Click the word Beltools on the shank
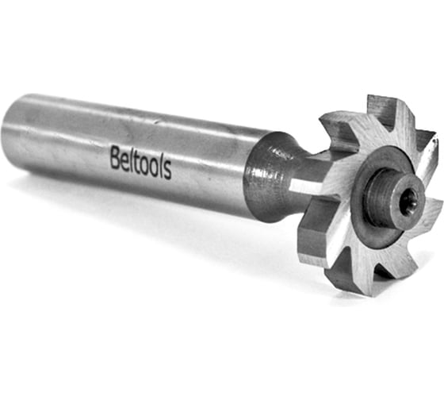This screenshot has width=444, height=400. (141, 162)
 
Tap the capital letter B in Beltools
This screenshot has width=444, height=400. (115, 157)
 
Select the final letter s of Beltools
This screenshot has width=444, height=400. (167, 171)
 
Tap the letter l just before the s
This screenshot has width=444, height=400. (161, 165)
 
